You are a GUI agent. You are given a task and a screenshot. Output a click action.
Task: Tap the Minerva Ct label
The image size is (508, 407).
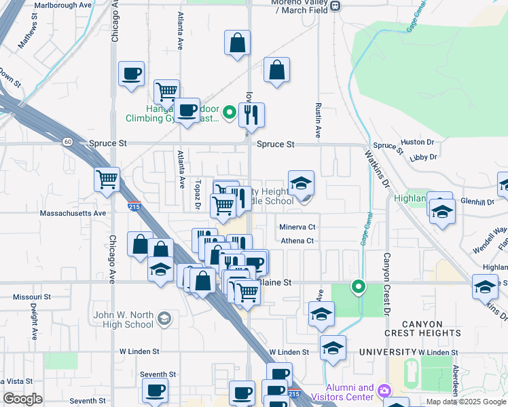(x=298, y=227)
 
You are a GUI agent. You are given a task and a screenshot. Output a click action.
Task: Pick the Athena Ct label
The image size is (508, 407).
(x=297, y=241)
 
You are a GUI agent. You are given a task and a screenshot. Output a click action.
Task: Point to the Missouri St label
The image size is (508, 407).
(x=32, y=297)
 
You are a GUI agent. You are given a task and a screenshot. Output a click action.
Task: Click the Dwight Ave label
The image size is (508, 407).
(x=33, y=322)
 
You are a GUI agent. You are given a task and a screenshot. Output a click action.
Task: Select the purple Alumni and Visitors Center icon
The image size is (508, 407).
(x=385, y=391)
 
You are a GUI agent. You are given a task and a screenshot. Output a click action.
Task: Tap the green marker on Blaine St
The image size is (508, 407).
(x=359, y=287)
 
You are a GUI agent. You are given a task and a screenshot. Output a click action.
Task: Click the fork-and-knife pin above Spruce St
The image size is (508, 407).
(x=251, y=115)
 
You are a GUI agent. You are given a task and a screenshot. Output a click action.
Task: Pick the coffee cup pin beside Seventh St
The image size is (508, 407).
(x=156, y=391)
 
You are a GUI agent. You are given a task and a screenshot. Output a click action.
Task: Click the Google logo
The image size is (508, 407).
(x=22, y=399)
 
